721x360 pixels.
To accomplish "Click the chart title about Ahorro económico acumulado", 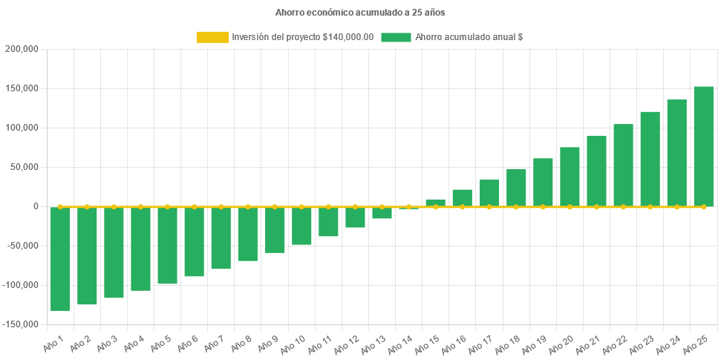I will (360, 13).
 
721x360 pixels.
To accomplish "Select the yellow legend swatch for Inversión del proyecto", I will (212, 37).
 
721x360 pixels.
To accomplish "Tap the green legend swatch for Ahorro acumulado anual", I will (396, 37).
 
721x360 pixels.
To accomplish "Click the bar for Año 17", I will (489, 193).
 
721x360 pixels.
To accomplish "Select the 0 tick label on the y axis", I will (36, 206).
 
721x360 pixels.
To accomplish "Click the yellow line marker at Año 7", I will (221, 206).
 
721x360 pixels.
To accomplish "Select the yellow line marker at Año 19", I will (543, 206).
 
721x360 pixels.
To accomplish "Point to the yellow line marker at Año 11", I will (328, 206).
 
